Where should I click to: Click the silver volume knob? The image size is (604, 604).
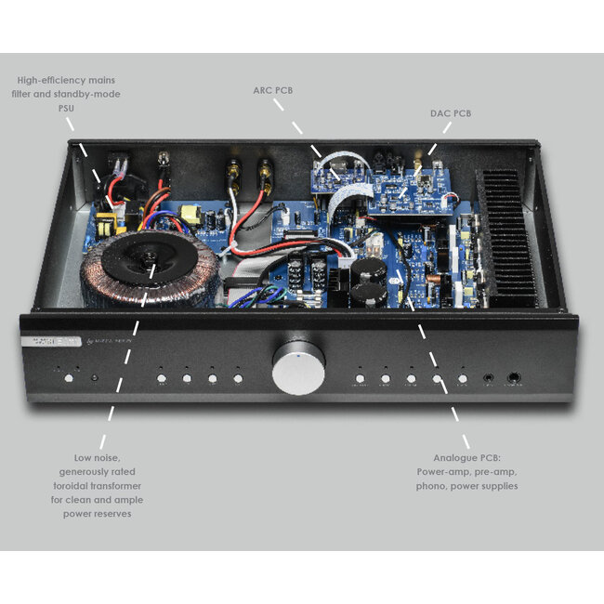(x=298, y=369)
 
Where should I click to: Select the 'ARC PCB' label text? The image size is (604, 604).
(x=274, y=91)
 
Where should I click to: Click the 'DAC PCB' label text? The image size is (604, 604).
(x=450, y=112)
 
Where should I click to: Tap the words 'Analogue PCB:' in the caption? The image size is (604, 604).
(x=467, y=458)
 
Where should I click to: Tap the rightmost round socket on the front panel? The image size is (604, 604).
(x=514, y=377)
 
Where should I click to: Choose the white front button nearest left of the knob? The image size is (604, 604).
(x=238, y=378)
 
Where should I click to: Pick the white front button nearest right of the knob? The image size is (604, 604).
(x=360, y=378)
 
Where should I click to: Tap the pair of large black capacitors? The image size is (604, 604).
(x=368, y=278)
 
